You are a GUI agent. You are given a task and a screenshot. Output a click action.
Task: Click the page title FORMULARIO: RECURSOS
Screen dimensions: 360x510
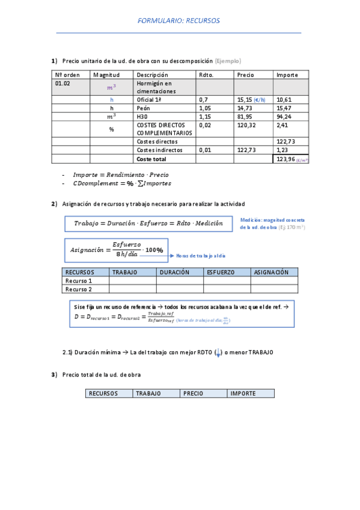[x=178, y=20]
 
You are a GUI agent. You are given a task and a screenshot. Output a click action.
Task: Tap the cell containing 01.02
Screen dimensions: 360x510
[x=63, y=84]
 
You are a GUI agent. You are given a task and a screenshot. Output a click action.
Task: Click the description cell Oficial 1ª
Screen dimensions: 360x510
[x=150, y=99]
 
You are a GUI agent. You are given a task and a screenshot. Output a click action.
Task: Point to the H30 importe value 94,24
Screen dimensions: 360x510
[x=284, y=116]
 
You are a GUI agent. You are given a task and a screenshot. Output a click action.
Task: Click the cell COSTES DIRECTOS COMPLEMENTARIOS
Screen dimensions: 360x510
[x=164, y=129]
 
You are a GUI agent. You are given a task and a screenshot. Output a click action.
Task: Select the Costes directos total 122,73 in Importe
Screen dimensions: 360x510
[x=285, y=141]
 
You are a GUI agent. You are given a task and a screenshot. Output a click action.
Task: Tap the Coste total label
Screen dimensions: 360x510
[x=151, y=159]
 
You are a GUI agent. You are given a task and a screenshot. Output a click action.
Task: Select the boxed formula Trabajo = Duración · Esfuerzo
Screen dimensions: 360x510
[x=148, y=223]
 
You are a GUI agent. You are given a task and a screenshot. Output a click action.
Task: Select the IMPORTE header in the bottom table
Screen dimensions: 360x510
[x=243, y=393]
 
